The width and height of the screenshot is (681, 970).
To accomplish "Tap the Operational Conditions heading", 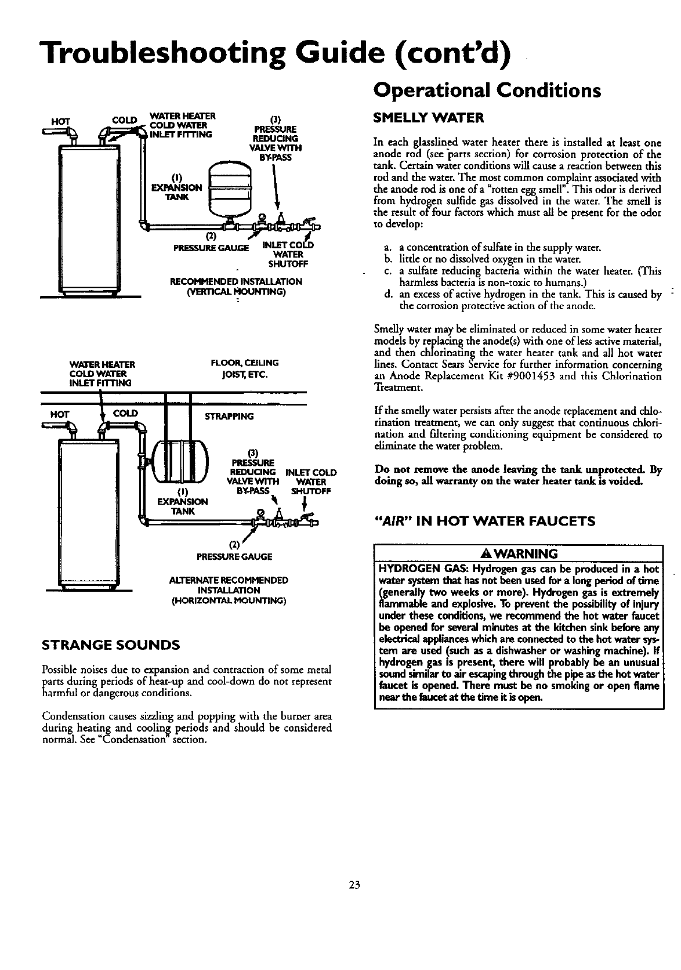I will click(x=487, y=91).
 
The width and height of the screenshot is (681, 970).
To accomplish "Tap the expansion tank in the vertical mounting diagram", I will click(x=229, y=187).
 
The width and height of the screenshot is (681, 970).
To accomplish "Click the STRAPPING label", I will click(x=230, y=417).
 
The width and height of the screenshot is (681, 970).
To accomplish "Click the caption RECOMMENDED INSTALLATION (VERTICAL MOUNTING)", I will click(x=236, y=287).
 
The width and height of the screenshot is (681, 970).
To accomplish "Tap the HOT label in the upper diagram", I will click(x=60, y=122).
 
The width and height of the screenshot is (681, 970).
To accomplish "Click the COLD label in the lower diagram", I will click(x=125, y=414).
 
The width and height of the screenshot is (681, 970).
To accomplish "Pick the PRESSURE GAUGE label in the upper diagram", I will click(x=211, y=248).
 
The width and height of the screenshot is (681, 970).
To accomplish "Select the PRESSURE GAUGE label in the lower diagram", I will click(x=234, y=556).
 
